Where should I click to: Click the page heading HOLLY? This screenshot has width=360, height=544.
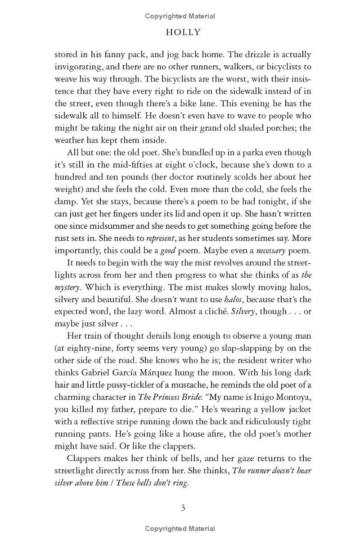pos(183,32)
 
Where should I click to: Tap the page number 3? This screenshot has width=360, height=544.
pos(183,508)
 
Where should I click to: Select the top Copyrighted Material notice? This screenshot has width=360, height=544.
pos(180,16)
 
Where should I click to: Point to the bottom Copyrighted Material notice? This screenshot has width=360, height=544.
pos(180,529)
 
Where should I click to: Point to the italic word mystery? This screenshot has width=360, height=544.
pos(68,287)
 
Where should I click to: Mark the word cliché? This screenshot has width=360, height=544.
pos(211,311)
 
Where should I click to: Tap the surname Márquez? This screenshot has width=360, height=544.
pos(195,373)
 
